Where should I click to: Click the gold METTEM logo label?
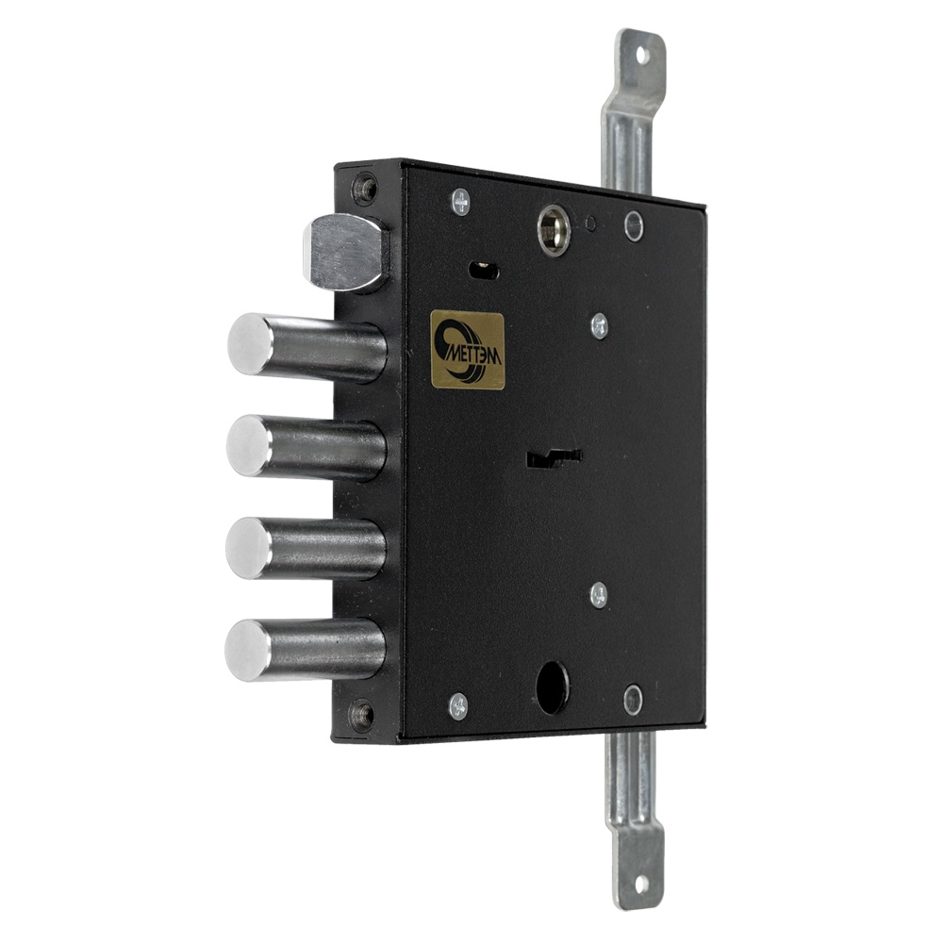tap(468, 350)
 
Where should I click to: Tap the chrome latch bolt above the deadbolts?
tap(345, 253)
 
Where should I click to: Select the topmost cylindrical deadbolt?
tap(306, 347)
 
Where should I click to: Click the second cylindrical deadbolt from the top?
tap(306, 448)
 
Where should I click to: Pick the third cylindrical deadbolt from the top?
tap(306, 549)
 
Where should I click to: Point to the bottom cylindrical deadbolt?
tap(305, 650)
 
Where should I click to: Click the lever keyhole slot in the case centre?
tap(554, 459)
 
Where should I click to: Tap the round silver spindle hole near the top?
tap(554, 230)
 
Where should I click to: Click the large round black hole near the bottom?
tap(553, 687)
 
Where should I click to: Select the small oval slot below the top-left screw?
tap(483, 270)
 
